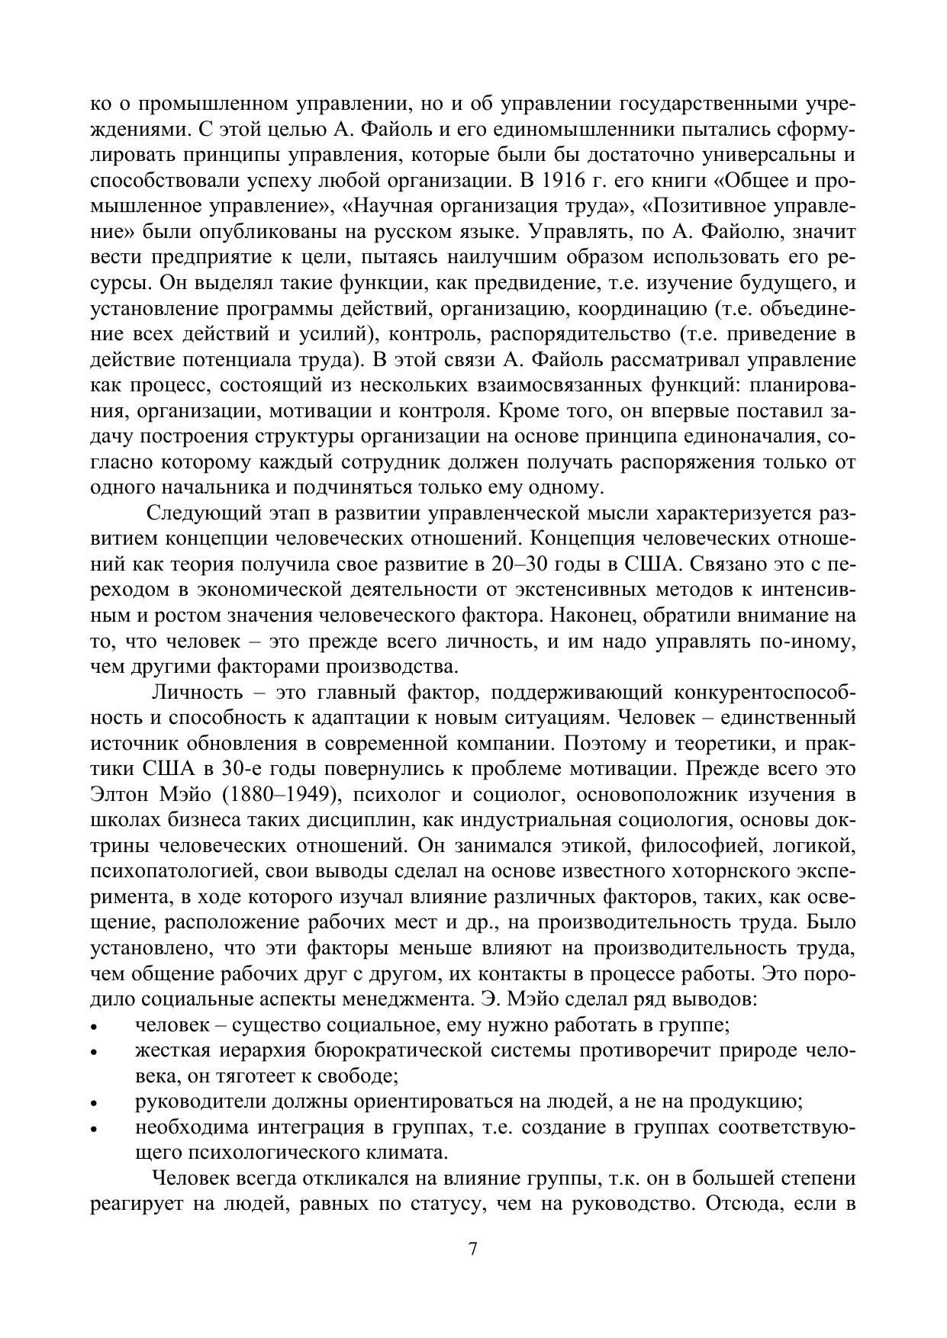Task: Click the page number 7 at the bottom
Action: coord(473,1250)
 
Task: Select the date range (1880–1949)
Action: coord(281,795)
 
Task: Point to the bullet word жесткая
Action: coord(170,1051)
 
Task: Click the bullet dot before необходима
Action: coord(94,1130)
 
